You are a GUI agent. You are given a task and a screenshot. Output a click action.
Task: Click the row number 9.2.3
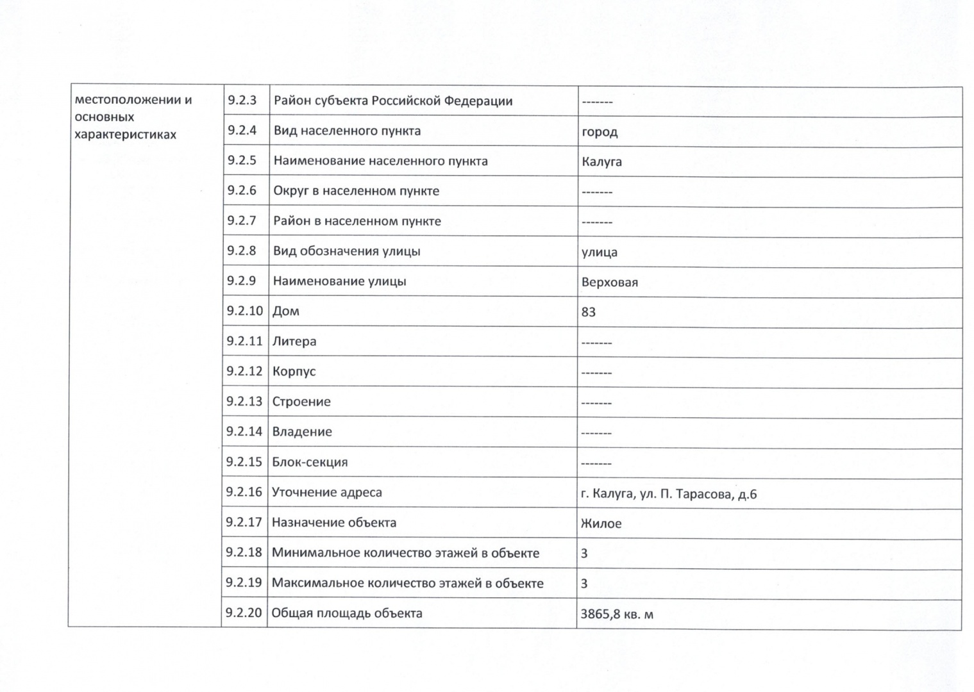(x=242, y=101)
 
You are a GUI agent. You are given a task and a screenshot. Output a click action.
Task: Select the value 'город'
(x=600, y=132)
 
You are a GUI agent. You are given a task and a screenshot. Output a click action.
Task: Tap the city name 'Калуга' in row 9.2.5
(x=601, y=161)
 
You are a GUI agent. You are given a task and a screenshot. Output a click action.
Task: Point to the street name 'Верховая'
(x=609, y=282)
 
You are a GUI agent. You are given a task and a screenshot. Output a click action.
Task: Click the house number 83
(x=588, y=312)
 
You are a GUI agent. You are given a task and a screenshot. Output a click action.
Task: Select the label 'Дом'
(x=286, y=311)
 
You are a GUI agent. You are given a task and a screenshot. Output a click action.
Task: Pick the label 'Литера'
(x=294, y=342)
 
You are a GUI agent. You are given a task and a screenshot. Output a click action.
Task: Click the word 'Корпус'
(x=294, y=372)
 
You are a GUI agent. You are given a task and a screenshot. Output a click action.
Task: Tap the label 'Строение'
(x=301, y=402)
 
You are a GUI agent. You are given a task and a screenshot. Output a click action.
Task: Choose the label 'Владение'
(x=302, y=432)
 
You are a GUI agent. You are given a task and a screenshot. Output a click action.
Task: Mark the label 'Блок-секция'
(x=310, y=462)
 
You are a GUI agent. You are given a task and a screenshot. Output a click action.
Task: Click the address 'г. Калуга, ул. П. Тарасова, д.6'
(x=668, y=494)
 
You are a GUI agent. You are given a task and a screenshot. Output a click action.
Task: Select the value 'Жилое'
(x=601, y=523)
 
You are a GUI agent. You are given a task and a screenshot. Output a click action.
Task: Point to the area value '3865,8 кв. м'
(x=617, y=614)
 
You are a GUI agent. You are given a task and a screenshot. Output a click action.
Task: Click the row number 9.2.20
(x=244, y=613)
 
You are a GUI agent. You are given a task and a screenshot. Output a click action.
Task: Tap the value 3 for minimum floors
(x=584, y=553)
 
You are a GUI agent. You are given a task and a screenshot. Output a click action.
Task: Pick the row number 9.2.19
(x=244, y=582)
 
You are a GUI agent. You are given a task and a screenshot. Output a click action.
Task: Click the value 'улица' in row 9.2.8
(x=599, y=252)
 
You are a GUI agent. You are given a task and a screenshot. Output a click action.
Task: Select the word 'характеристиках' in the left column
(x=125, y=135)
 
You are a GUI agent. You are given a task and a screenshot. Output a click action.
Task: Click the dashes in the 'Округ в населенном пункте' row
(x=596, y=192)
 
